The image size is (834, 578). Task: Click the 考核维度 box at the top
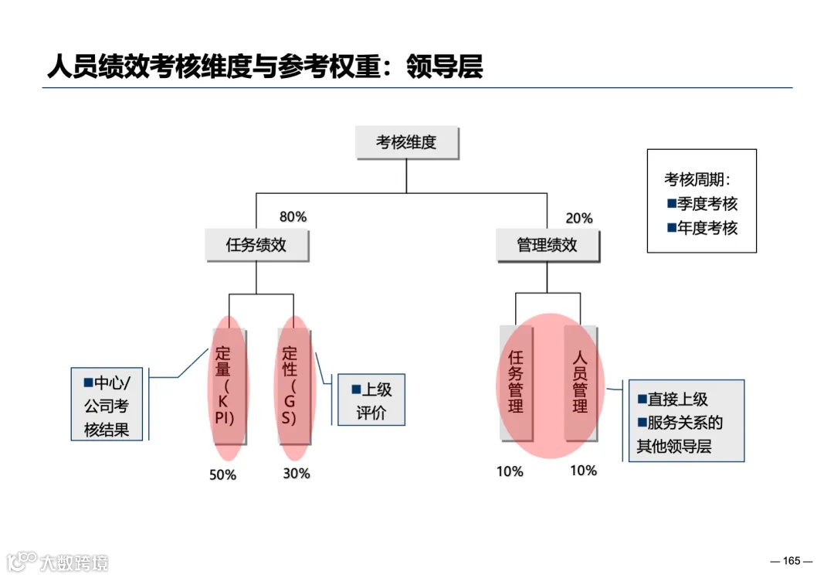coord(406,143)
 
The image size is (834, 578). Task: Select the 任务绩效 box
coord(256,245)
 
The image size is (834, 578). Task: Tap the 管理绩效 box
coord(547,246)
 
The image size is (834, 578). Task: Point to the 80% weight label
coord(293,217)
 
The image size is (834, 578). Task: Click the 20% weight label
coord(579,219)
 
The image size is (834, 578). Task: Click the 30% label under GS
coord(296,473)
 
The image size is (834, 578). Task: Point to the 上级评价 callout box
coord(371,400)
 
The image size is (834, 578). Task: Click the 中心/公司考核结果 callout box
coord(107,404)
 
